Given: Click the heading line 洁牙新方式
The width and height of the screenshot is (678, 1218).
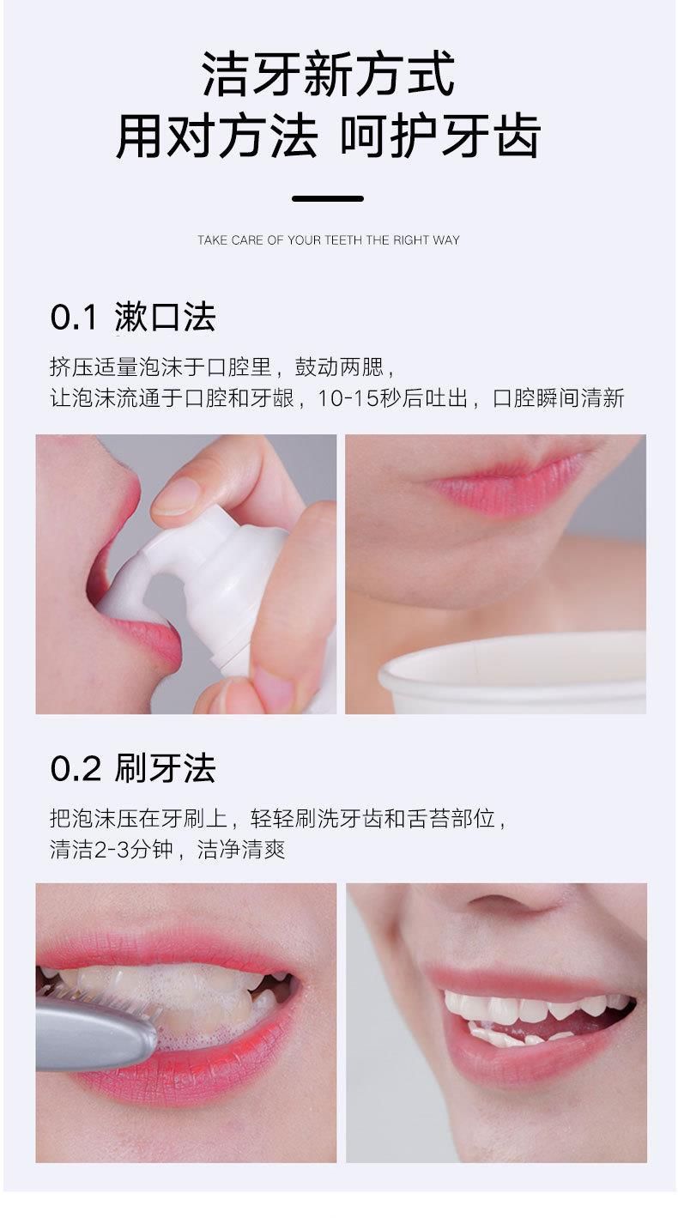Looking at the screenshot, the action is coord(328,74).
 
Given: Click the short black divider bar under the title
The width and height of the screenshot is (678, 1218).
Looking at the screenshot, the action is coord(328,199).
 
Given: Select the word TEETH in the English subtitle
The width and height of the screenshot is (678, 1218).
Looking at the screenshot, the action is coord(343,240).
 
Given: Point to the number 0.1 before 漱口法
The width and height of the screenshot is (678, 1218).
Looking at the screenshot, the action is coord(74,317).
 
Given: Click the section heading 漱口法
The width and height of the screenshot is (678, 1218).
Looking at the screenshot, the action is coord(166,317).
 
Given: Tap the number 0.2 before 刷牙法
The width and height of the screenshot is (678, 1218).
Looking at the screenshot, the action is coord(76,769).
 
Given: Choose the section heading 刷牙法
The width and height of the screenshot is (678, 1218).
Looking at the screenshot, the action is coord(166,769).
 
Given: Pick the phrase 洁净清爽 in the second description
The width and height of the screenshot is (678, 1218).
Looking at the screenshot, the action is coord(241,850).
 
